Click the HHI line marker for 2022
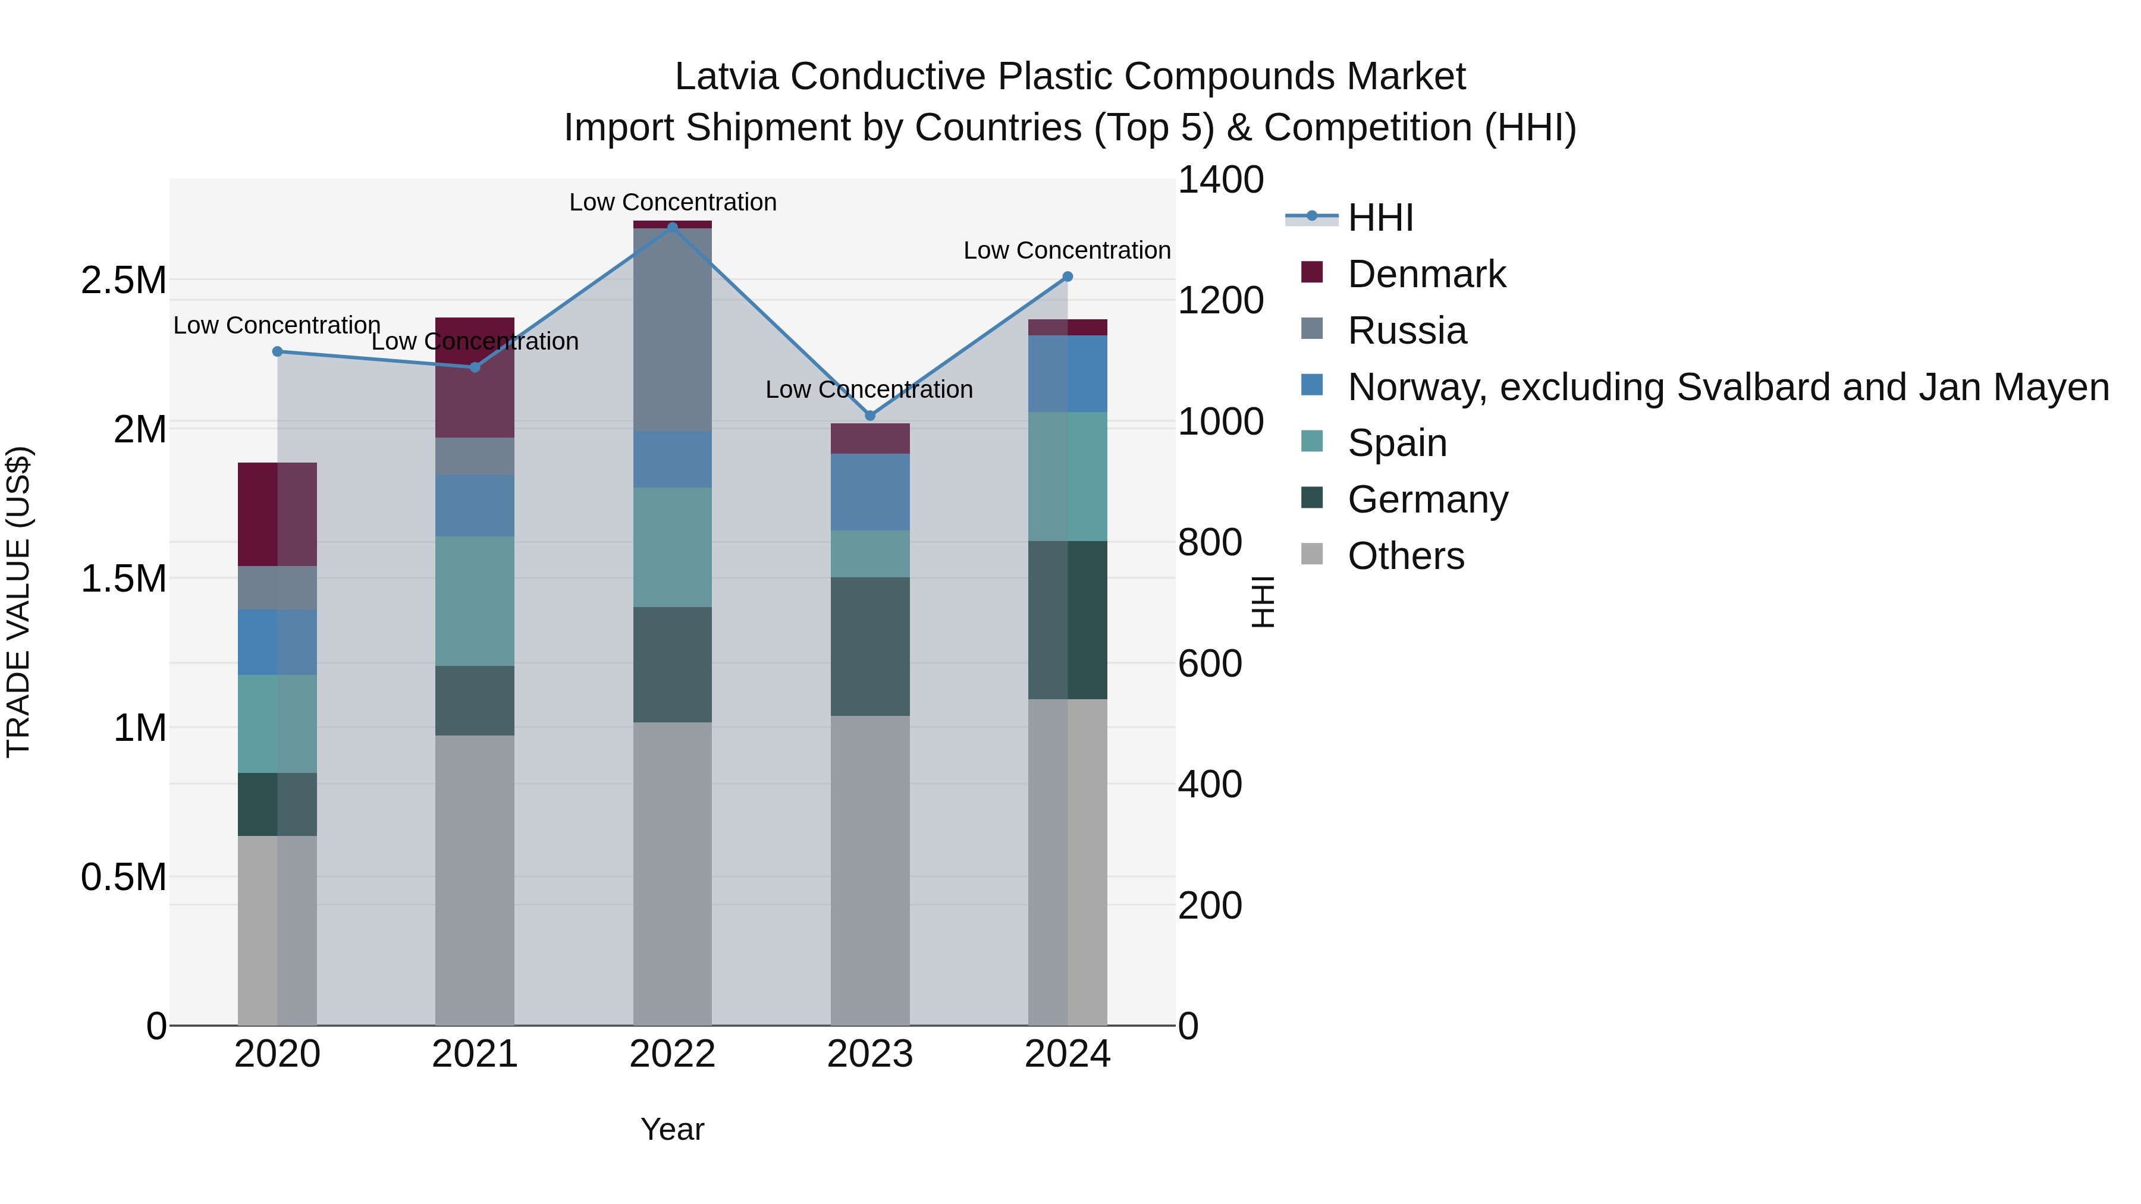673,227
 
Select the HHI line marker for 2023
870,416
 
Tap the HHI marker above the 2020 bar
278,351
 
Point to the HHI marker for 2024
1068,276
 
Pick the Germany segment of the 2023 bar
870,646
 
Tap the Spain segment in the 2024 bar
1068,476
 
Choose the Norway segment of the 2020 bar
278,642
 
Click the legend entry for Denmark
1426,274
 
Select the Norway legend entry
1727,387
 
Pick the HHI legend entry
1380,218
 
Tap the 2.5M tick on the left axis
124,281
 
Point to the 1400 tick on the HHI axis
1220,180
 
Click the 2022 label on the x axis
673,1054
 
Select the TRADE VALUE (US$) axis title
18,602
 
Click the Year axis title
673,1129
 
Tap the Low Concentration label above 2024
1066,250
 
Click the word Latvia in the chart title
726,77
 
